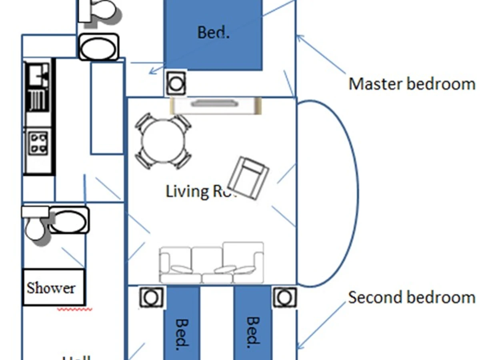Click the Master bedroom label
[412, 84]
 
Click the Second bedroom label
[412, 298]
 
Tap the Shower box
[53, 287]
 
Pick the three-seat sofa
[212, 262]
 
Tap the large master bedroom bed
[213, 35]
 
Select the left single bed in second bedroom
[182, 324]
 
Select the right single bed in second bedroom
[252, 324]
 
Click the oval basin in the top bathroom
[98, 47]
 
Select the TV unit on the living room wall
[216, 105]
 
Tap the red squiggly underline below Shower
[75, 309]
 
